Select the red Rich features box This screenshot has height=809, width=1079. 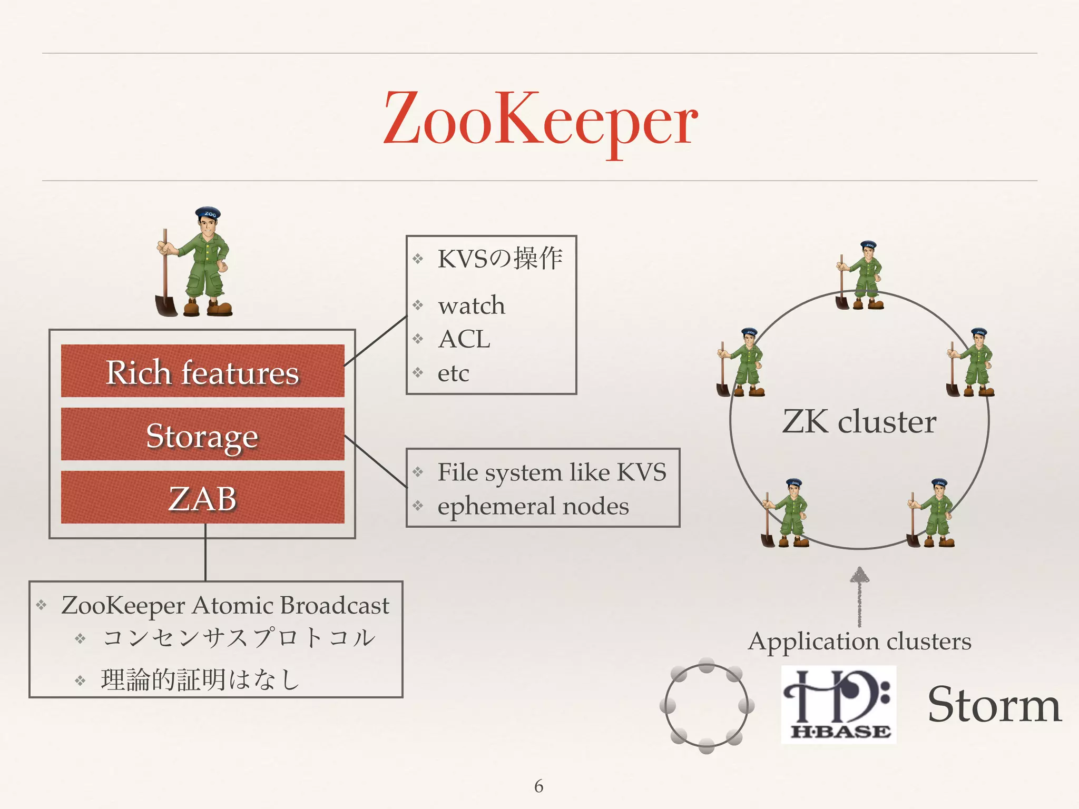pos(202,371)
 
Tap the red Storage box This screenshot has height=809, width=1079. pos(202,435)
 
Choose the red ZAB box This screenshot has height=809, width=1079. pos(202,497)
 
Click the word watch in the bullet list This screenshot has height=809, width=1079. pos(471,305)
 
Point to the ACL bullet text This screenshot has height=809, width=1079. pos(464,339)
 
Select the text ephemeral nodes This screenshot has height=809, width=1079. pos(533,506)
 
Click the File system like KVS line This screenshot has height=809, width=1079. pos(551,472)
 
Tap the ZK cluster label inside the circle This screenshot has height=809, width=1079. pos(859,421)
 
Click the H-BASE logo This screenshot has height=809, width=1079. pos(838,704)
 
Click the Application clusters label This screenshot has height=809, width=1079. pos(859,642)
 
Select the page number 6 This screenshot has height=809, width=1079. pos(538,786)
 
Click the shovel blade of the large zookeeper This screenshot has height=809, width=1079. pos(165,306)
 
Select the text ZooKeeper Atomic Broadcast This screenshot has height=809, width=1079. pos(225,605)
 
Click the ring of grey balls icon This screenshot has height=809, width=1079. pos(707,705)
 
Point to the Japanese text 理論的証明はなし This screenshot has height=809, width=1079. pos(200,679)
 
